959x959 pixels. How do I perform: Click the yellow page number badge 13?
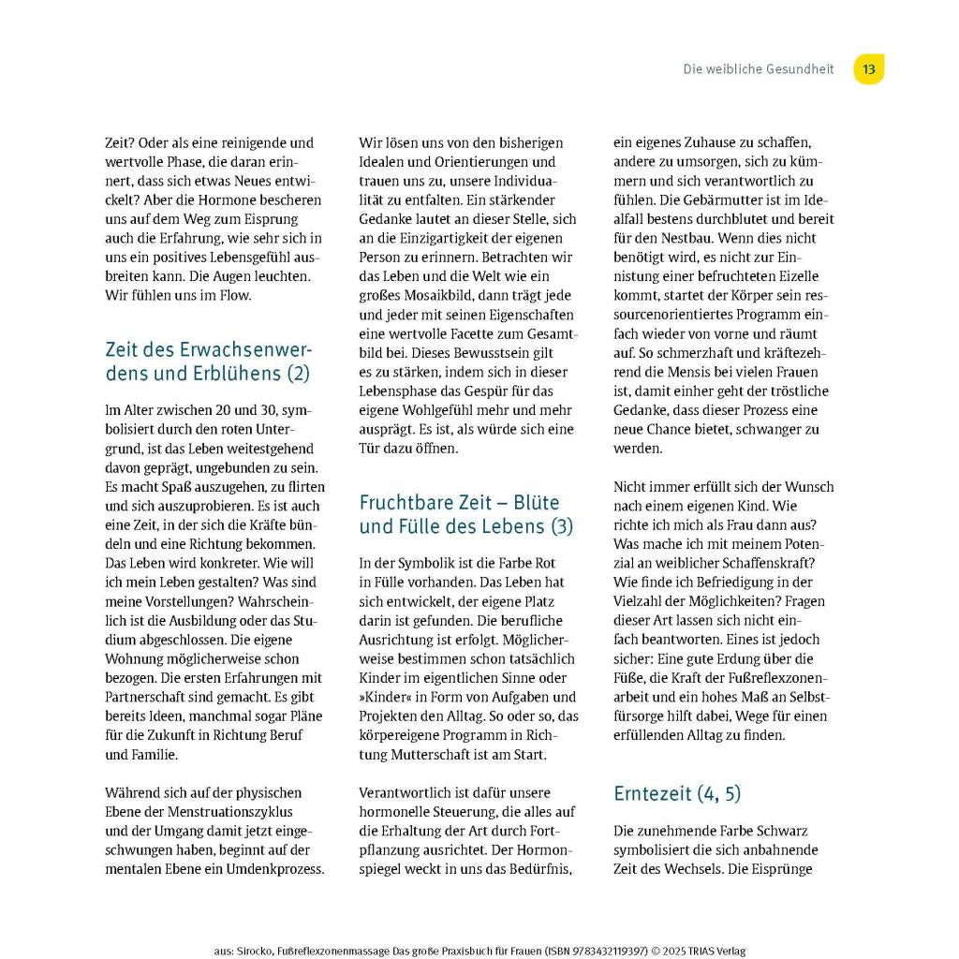click(x=868, y=69)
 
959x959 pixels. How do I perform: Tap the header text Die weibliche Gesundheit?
click(x=758, y=69)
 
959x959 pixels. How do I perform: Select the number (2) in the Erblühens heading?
click(x=297, y=373)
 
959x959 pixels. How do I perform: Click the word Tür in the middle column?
click(x=370, y=448)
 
